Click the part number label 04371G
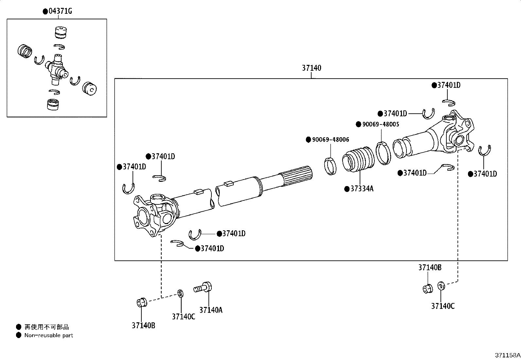pos(60,11)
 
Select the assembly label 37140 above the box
pos(311,68)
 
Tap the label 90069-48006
pos(330,140)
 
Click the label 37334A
pos(361,189)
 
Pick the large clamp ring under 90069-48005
pos(383,153)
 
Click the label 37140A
pos(211,310)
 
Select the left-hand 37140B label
pos(143,325)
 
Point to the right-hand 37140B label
pos(430,268)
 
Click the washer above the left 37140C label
pos(180,293)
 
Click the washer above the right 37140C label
pos(441,286)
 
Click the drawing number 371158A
pos(507,355)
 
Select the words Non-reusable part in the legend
pos(49,335)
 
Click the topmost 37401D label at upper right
pos(449,85)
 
